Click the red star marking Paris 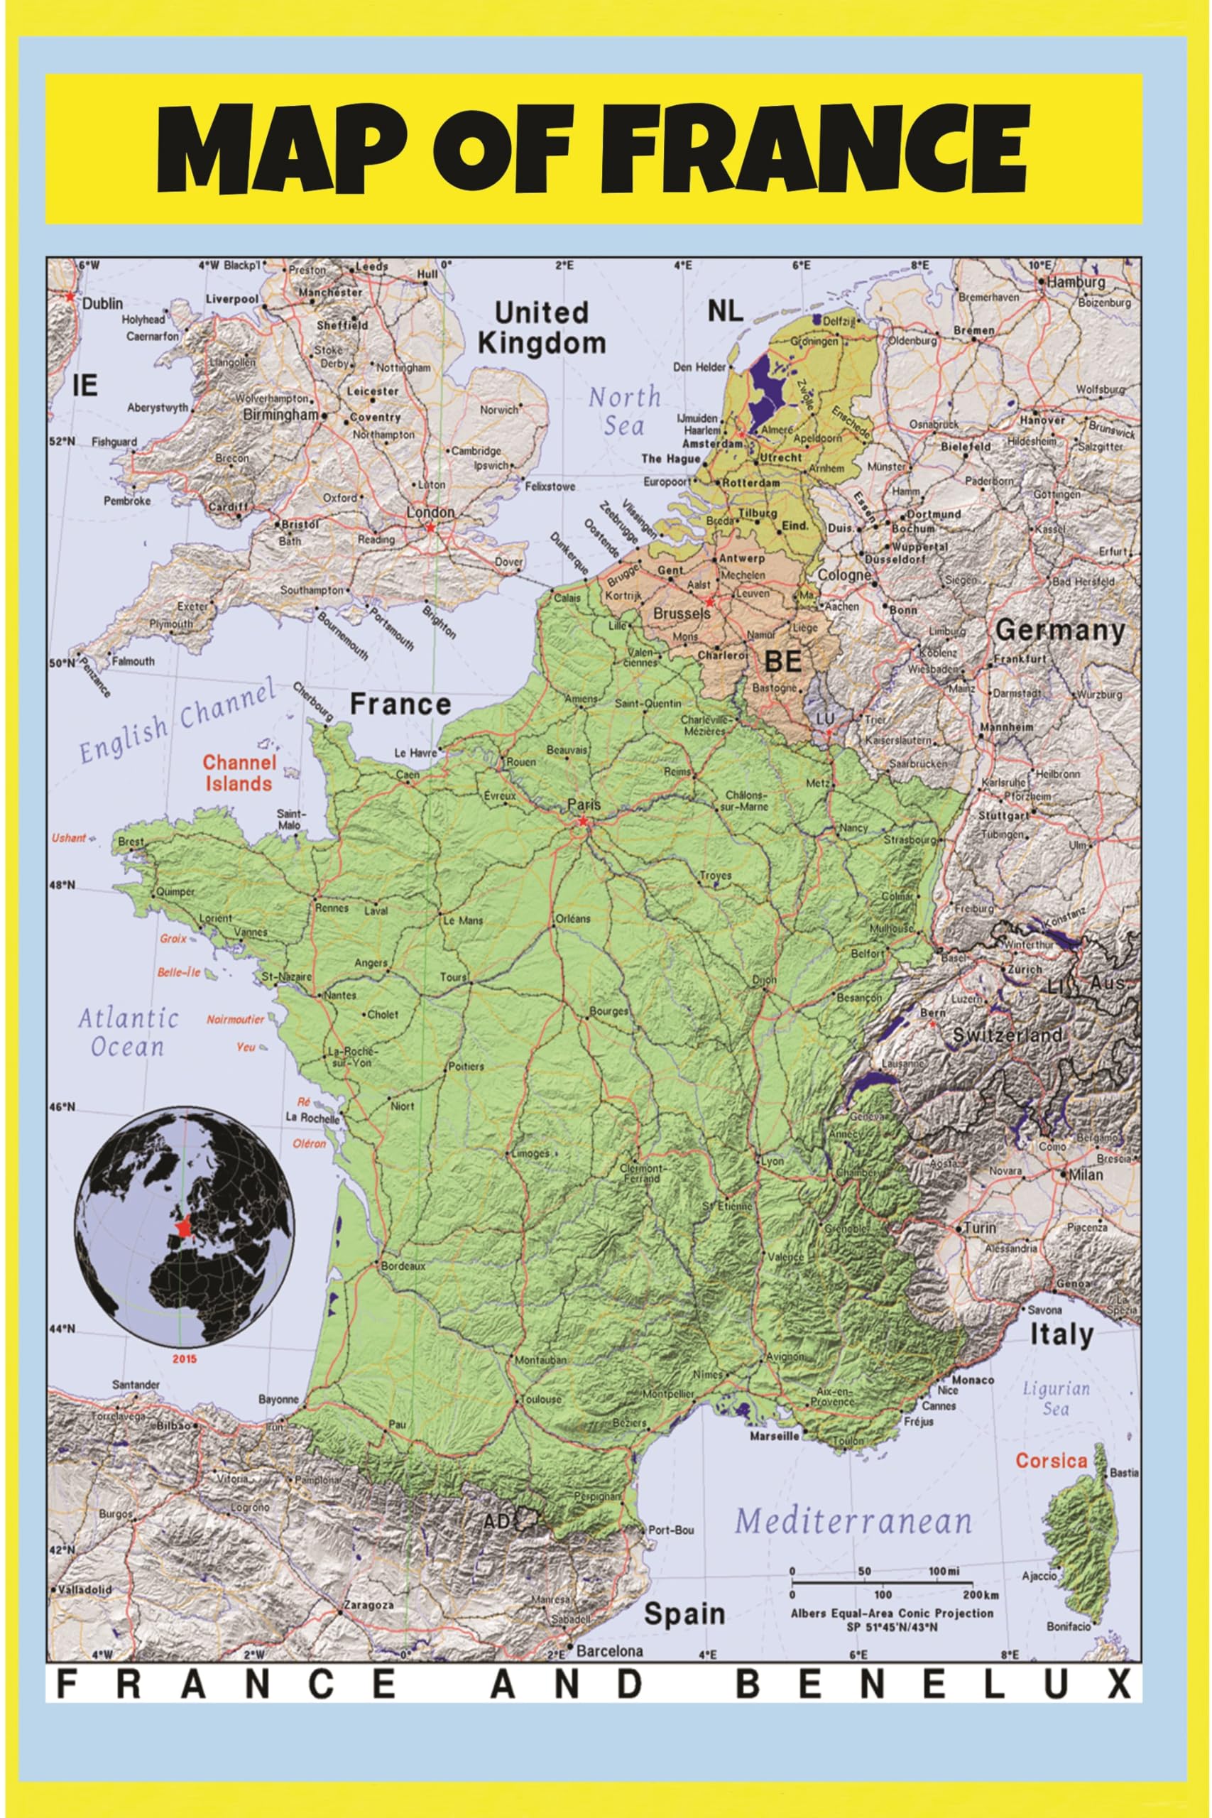click(x=583, y=821)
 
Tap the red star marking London click(x=430, y=527)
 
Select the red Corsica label click(x=1052, y=1461)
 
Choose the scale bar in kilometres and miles click(x=890, y=1583)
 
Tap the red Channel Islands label click(x=239, y=773)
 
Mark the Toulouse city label click(x=540, y=1399)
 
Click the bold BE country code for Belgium click(x=782, y=662)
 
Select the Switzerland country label click(x=1008, y=1035)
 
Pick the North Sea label click(x=624, y=410)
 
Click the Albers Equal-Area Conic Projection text click(x=890, y=1613)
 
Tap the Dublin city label click(x=103, y=304)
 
